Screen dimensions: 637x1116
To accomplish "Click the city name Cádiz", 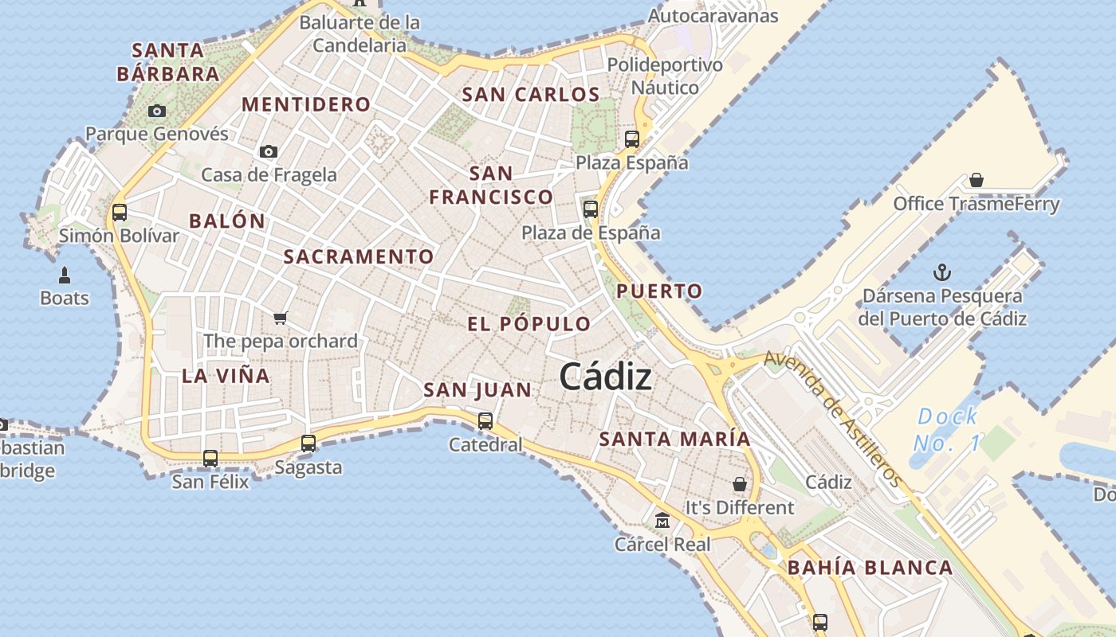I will click(x=605, y=377).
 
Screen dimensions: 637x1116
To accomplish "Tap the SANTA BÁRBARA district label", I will click(x=168, y=62).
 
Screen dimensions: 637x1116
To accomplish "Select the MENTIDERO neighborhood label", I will click(x=306, y=104).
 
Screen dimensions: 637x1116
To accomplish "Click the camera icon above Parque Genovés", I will click(x=157, y=111).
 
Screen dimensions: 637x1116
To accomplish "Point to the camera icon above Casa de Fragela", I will click(x=269, y=151).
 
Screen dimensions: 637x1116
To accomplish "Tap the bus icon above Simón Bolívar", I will click(x=120, y=213).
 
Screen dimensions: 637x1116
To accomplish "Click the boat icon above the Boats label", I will click(x=65, y=276).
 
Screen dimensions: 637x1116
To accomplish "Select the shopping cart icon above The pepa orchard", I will click(x=280, y=318).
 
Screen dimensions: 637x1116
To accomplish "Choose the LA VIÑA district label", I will click(x=226, y=376).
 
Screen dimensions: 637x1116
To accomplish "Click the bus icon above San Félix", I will click(x=210, y=459).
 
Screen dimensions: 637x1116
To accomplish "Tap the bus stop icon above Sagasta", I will click(x=308, y=444).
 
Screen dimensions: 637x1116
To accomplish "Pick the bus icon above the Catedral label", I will click(x=485, y=421).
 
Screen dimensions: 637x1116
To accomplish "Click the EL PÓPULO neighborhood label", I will click(x=529, y=324).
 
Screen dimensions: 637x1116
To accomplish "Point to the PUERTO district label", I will click(x=659, y=291).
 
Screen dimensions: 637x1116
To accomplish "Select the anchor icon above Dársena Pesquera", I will click(x=942, y=272).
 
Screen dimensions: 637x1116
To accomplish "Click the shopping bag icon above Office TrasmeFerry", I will click(x=976, y=180).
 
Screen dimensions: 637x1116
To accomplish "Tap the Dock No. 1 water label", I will click(x=947, y=429).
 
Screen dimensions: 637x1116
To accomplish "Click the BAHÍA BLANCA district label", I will click(x=870, y=568).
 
